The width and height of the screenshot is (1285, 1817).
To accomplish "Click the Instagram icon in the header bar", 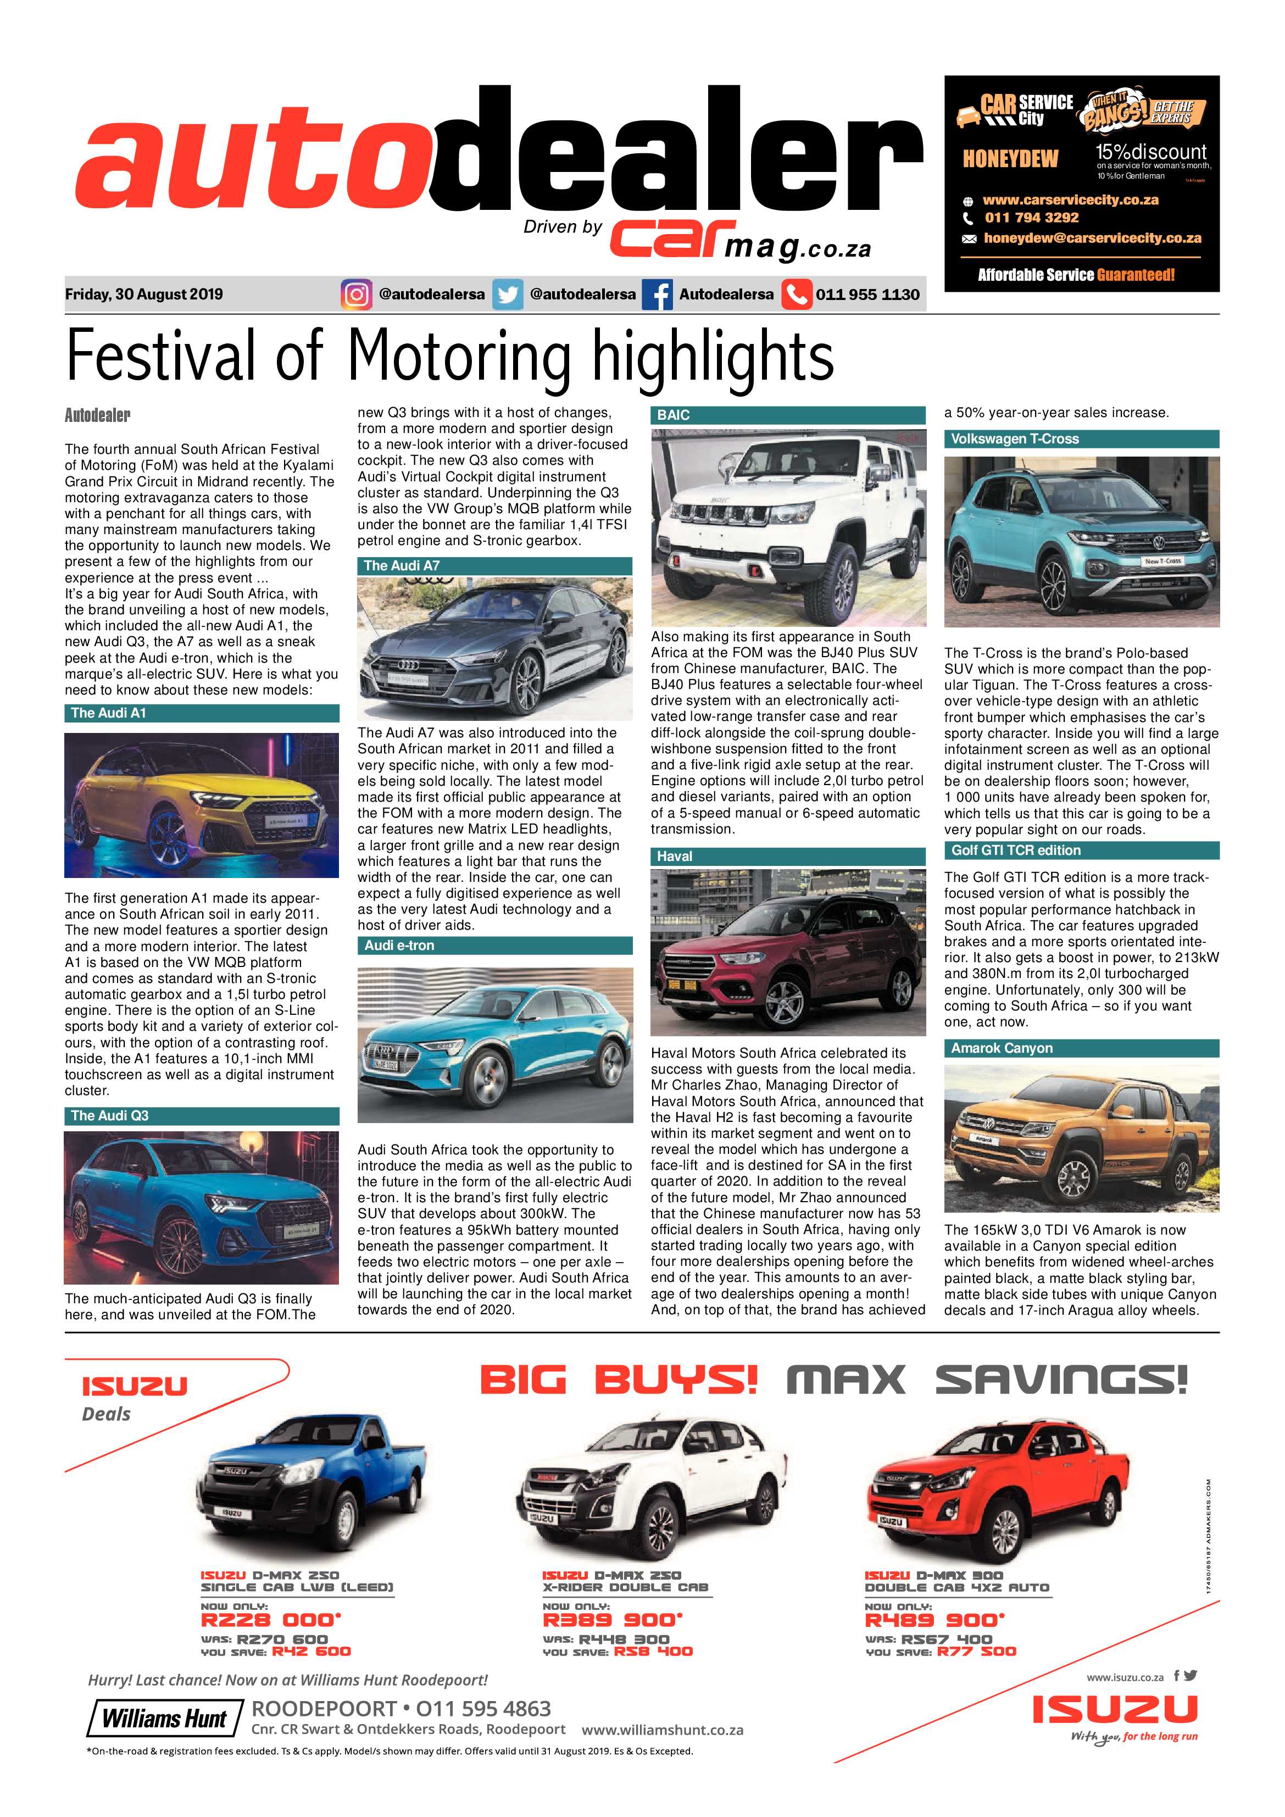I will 356,295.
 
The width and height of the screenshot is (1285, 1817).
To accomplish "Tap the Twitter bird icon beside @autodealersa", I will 507,295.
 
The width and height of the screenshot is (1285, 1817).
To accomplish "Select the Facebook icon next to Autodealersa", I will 657,295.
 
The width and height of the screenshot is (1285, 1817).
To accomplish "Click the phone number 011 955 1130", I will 867,295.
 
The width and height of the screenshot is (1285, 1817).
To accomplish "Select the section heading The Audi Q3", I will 109,1116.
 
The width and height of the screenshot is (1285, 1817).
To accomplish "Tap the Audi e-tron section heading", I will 399,946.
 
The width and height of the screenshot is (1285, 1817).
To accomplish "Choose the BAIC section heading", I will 674,415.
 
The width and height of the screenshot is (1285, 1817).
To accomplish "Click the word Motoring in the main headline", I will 458,356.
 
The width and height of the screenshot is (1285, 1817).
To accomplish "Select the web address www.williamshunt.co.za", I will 663,1731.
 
